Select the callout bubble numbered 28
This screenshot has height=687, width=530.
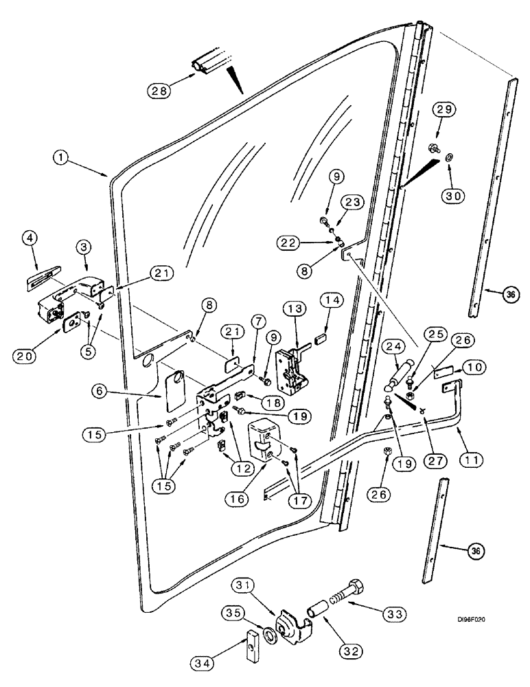pos(157,90)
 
